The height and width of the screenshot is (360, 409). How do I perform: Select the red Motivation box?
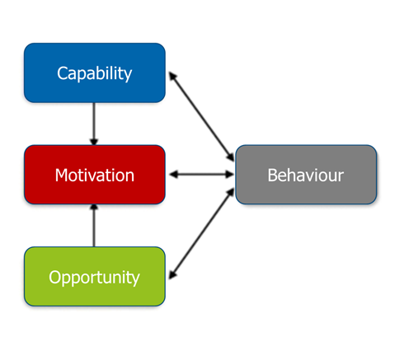click(94, 175)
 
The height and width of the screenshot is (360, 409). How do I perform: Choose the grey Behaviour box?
click(306, 175)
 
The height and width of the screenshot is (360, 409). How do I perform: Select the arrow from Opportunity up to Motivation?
click(94, 226)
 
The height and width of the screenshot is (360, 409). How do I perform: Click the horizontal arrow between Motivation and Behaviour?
click(201, 175)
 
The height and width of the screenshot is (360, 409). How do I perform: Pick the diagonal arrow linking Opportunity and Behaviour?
click(201, 234)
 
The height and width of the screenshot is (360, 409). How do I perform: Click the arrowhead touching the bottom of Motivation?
click(94, 208)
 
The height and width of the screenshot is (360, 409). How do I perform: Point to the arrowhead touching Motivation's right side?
click(172, 175)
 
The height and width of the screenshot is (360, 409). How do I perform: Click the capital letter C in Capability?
click(62, 73)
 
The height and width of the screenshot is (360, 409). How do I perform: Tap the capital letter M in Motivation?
click(61, 175)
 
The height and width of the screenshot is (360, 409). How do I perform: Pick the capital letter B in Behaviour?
click(273, 175)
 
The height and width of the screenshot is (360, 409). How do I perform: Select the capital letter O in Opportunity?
click(54, 277)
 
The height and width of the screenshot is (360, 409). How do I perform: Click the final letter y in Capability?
click(127, 76)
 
